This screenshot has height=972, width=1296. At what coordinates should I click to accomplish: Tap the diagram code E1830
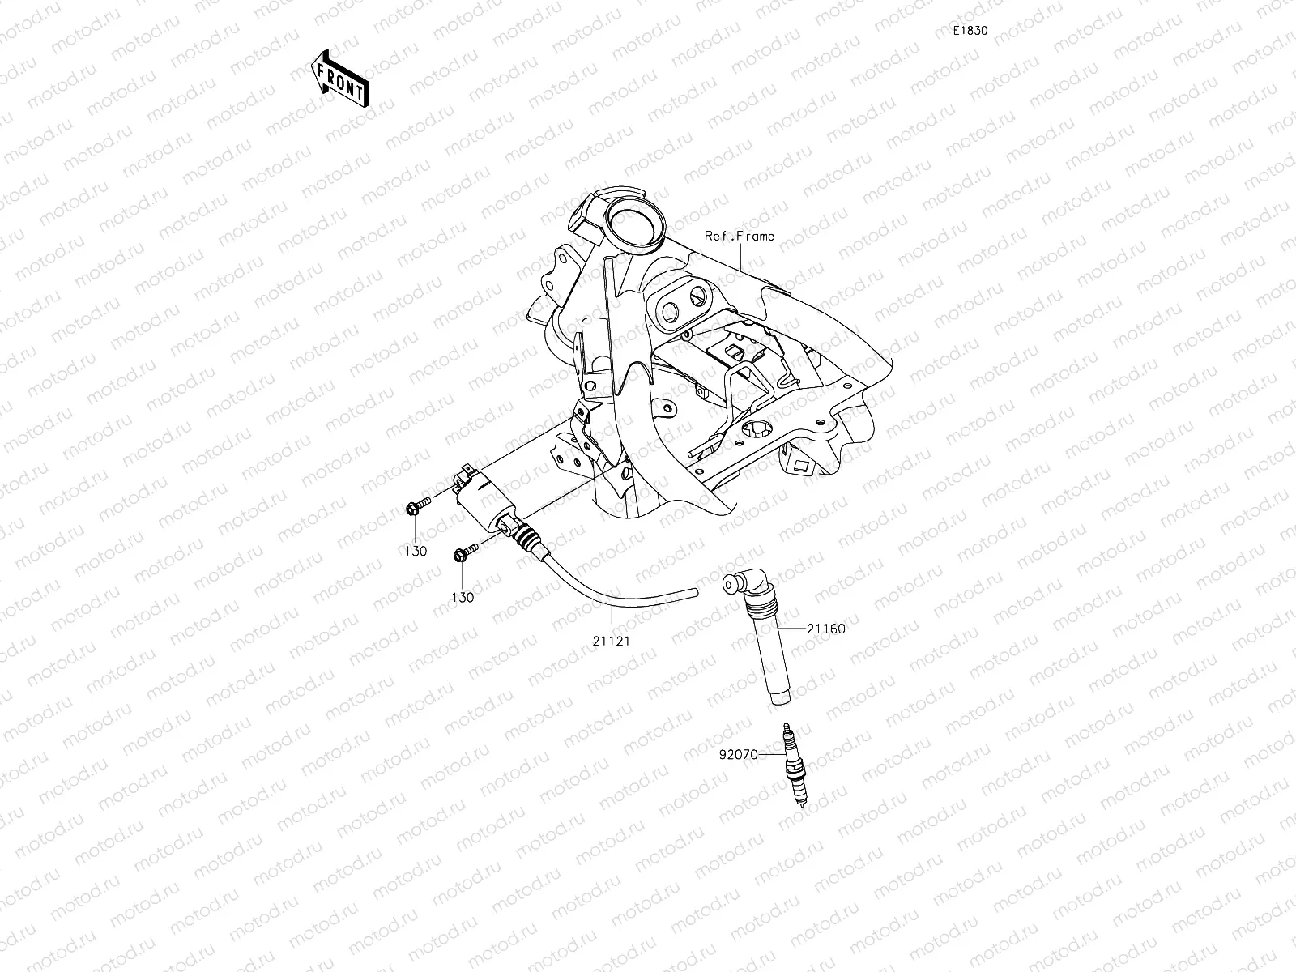[970, 31]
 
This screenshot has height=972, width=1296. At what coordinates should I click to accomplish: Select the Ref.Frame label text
[739, 237]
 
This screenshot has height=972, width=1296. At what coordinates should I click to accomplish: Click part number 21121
[612, 640]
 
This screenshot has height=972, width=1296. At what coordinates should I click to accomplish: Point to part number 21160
[825, 628]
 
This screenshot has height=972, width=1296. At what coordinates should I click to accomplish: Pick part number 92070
[738, 754]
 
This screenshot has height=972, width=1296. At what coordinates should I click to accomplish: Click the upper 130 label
[416, 552]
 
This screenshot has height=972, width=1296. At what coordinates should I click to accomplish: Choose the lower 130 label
[463, 597]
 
